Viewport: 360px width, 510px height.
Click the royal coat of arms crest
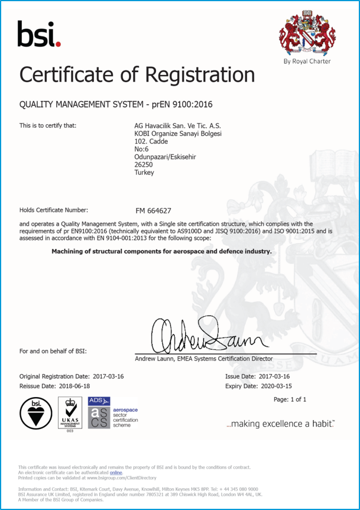[307, 34]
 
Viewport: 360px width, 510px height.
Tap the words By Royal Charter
[307, 61]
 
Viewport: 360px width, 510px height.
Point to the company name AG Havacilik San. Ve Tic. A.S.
[178, 126]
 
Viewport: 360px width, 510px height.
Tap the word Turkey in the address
[144, 173]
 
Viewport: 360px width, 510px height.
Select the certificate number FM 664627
[154, 210]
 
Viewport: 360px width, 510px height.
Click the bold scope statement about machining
[161, 251]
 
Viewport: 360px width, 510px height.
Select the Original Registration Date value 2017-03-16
[108, 376]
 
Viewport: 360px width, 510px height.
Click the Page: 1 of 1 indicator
[290, 400]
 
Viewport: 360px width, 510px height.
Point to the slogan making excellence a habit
[280, 424]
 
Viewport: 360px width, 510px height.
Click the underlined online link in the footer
[115, 473]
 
